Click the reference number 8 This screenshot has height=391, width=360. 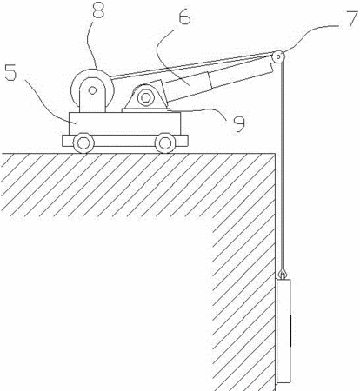[97, 10]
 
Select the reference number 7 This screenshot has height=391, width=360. [351, 18]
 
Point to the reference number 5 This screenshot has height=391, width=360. [10, 71]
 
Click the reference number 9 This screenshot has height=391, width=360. [238, 123]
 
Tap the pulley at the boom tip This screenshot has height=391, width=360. [278, 56]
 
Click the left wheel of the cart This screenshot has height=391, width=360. [83, 142]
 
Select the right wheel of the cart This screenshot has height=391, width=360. [165, 142]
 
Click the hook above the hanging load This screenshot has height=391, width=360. [282, 274]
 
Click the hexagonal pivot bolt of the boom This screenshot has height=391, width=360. [145, 97]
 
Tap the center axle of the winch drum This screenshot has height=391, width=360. [92, 90]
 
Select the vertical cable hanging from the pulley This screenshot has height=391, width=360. [283, 165]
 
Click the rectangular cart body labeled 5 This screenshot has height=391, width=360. [125, 123]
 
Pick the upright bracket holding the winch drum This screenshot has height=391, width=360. [92, 95]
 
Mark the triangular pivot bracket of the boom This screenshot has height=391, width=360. [145, 96]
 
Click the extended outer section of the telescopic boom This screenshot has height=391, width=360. [242, 76]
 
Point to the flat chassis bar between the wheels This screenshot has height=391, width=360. [125, 141]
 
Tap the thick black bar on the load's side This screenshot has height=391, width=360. [290, 331]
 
